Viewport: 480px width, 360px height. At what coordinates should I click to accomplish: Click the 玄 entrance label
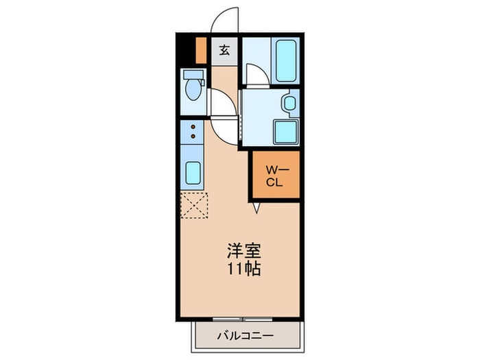click(224, 49)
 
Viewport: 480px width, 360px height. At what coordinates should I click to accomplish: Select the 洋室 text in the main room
click(243, 250)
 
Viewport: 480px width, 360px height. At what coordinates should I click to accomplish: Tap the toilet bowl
click(193, 90)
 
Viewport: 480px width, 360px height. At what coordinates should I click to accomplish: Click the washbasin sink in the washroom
click(289, 104)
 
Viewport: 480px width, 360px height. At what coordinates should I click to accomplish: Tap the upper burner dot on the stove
click(194, 126)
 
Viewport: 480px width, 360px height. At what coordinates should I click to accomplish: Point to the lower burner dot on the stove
click(194, 136)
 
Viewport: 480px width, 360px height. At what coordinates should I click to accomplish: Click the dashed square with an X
click(194, 204)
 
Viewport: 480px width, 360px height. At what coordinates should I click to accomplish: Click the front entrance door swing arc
click(224, 21)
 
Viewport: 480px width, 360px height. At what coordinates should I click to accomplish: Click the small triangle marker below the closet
click(256, 206)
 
